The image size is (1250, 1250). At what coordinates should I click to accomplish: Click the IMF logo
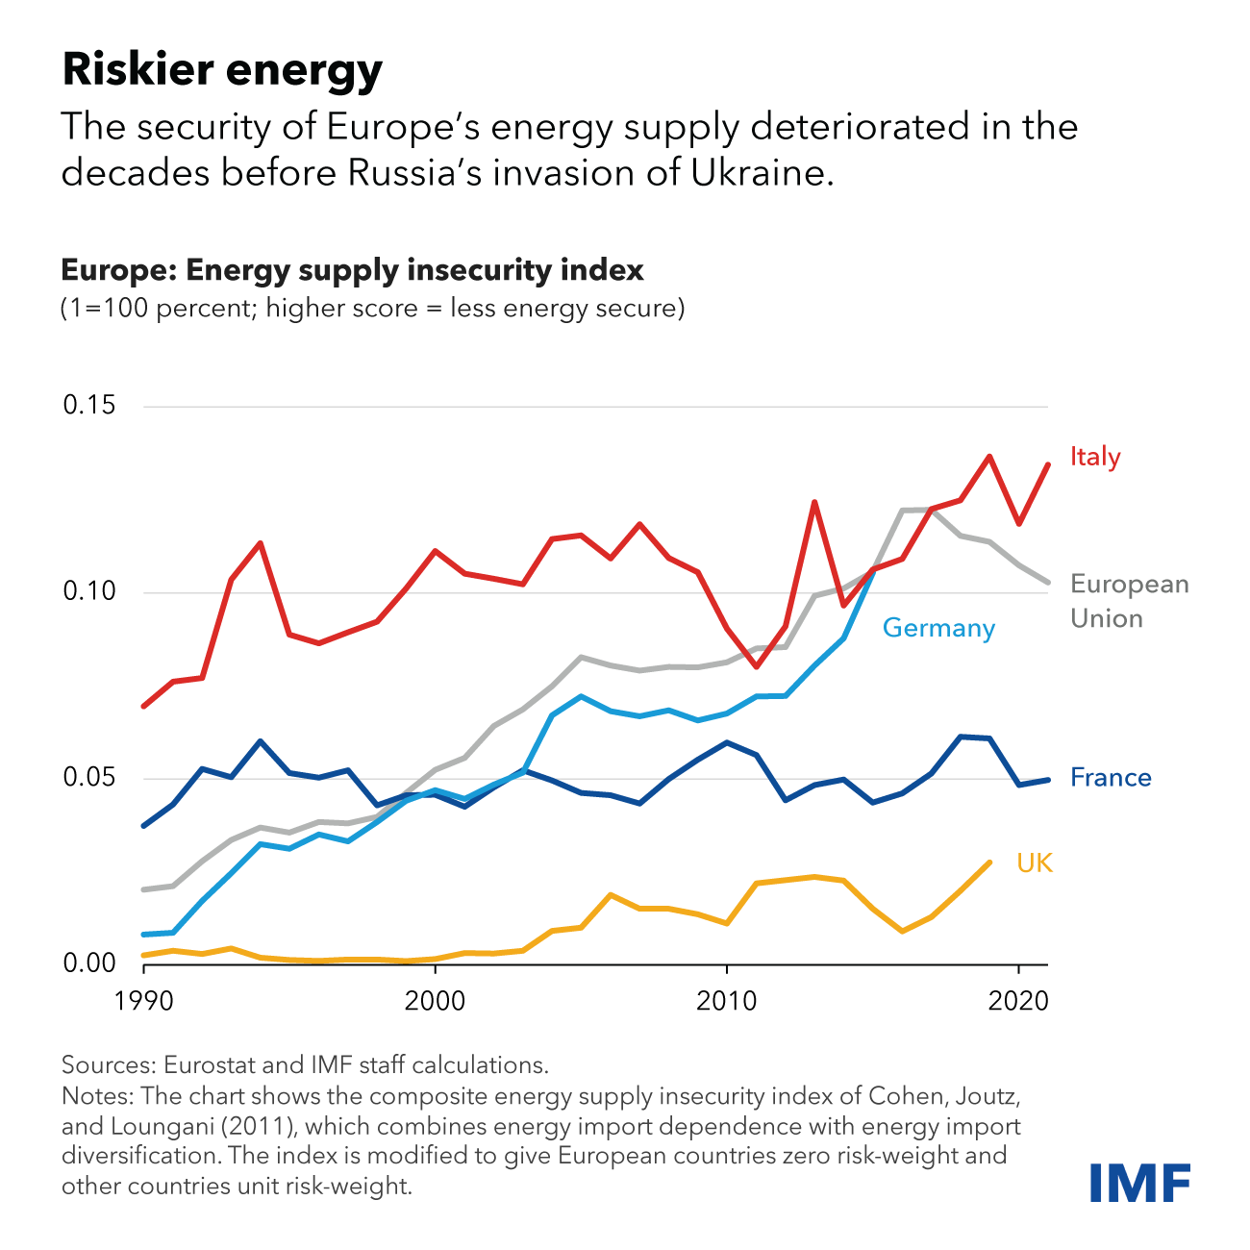point(1139,1182)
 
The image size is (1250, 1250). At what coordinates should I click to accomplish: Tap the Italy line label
point(1095,457)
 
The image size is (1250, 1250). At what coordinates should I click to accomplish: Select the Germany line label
point(938,628)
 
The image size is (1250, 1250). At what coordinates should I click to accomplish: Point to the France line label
point(1111,777)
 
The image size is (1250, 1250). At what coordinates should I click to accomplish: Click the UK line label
point(1035,863)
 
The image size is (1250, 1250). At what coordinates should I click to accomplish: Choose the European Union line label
point(1129,601)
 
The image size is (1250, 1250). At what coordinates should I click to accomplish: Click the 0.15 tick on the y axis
point(89,405)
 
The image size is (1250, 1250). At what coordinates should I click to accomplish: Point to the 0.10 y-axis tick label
point(89,591)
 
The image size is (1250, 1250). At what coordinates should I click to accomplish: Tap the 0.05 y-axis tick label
point(89,777)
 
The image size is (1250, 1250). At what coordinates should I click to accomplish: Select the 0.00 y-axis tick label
point(89,962)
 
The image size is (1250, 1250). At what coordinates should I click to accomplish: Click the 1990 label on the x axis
point(144,1001)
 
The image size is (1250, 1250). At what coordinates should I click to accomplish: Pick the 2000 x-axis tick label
point(436,1001)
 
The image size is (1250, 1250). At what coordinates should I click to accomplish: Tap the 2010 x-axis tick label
point(727,1001)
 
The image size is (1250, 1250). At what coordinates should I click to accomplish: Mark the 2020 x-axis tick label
point(1018,1001)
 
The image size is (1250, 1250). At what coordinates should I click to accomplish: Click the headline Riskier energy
point(222,70)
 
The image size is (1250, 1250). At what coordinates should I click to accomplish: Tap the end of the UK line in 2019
point(989,862)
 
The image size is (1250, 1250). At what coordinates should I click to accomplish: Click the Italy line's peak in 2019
point(989,457)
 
